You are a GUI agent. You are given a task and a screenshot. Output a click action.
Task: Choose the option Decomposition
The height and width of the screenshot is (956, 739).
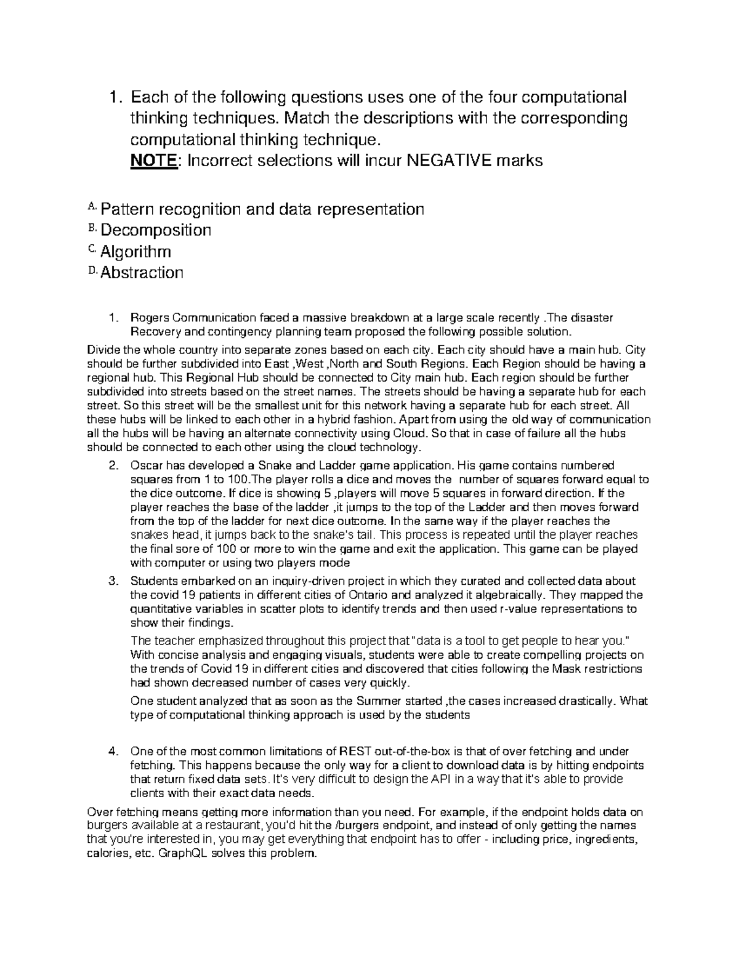pyautogui.click(x=156, y=230)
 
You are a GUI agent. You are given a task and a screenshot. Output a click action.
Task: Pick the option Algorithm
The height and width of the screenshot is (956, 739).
pyautogui.click(x=135, y=251)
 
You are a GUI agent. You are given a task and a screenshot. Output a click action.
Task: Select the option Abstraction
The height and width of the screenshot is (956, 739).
pyautogui.click(x=142, y=272)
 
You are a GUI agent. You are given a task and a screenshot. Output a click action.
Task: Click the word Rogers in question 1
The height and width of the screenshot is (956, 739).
pyautogui.click(x=149, y=318)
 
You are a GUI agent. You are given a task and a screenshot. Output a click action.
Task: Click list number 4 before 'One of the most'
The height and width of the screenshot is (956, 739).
pyautogui.click(x=112, y=751)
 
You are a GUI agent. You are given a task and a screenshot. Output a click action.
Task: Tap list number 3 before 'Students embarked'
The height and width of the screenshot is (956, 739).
pyautogui.click(x=112, y=581)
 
